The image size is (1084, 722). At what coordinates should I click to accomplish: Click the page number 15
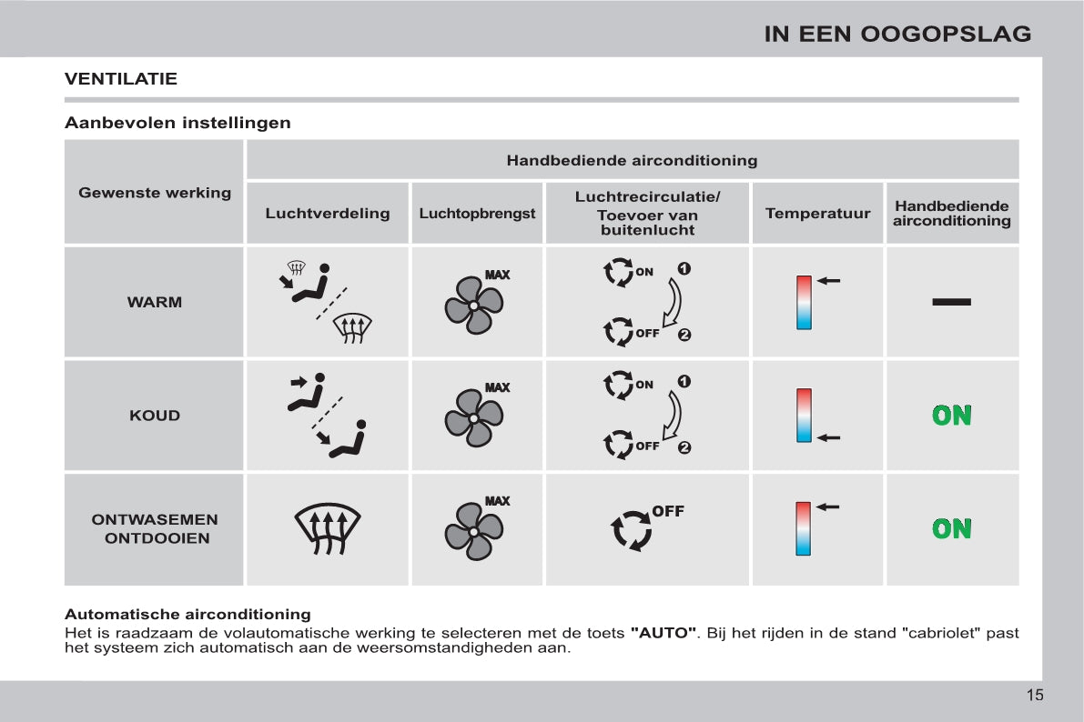pyautogui.click(x=1035, y=696)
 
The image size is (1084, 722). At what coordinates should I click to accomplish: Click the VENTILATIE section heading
pyautogui.click(x=121, y=79)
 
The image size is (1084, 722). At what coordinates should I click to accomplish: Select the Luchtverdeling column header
pyautogui.click(x=328, y=214)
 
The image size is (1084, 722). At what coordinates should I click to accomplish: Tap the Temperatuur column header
pyautogui.click(x=817, y=214)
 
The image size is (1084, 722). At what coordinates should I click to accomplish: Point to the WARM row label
pyautogui.click(x=155, y=302)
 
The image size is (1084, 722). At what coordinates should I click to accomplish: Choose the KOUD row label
pyautogui.click(x=155, y=416)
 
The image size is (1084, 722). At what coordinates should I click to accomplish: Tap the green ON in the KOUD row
pyautogui.click(x=952, y=416)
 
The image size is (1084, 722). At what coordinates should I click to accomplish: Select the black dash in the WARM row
pyautogui.click(x=952, y=302)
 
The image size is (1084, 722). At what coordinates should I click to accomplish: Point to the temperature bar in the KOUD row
pyautogui.click(x=804, y=416)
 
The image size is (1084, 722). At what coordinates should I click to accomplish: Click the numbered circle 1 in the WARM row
pyautogui.click(x=684, y=269)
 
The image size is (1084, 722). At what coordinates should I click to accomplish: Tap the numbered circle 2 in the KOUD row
pyautogui.click(x=684, y=447)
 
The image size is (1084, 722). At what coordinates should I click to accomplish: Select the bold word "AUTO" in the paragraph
pyautogui.click(x=664, y=633)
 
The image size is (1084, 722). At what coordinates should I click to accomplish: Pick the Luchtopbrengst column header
pyautogui.click(x=477, y=214)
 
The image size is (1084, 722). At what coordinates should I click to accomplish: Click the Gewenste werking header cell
pyautogui.click(x=155, y=193)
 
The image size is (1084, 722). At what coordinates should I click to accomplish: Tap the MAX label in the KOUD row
pyautogui.click(x=497, y=388)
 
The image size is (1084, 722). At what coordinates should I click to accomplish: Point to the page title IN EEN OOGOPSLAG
pyautogui.click(x=897, y=35)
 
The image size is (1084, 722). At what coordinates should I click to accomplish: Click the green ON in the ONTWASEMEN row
pyautogui.click(x=952, y=528)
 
